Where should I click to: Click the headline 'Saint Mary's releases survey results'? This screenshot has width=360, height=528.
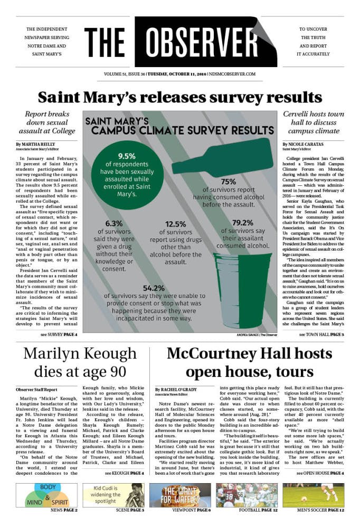tap(180, 97)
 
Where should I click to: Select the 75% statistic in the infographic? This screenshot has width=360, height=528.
tap(228, 181)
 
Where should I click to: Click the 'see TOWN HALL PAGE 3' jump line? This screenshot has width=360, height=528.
tap(321, 335)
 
